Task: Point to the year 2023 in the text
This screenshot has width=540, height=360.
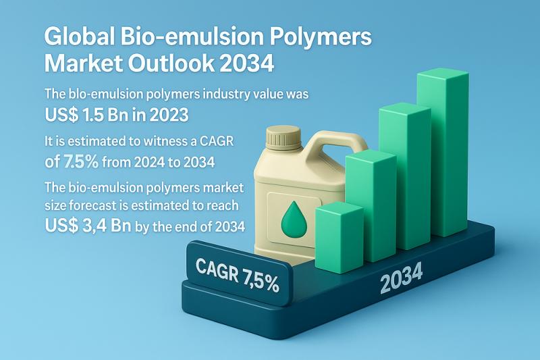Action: (x=168, y=115)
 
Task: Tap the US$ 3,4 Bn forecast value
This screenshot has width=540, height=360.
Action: (x=88, y=226)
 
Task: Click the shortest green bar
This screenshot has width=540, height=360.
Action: (x=340, y=237)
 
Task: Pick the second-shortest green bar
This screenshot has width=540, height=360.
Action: (x=371, y=205)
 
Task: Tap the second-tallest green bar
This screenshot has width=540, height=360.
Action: (x=405, y=176)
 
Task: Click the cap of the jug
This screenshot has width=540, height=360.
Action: (x=284, y=136)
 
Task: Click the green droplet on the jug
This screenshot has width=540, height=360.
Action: (x=294, y=220)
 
